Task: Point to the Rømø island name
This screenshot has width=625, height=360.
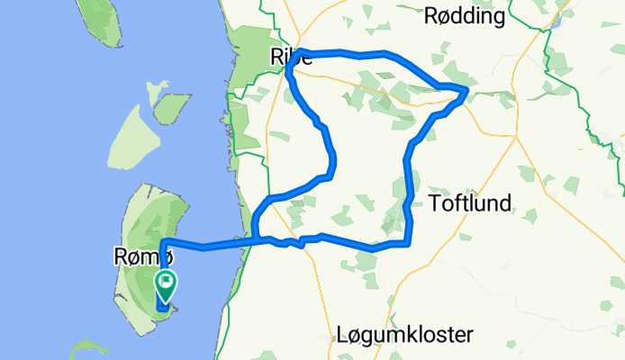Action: click(x=138, y=257)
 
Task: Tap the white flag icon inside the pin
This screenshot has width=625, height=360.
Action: click(x=168, y=282)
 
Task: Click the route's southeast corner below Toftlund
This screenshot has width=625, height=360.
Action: click(x=410, y=241)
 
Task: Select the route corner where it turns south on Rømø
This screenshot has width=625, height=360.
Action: click(x=163, y=241)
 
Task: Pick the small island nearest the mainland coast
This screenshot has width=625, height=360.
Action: click(x=170, y=110)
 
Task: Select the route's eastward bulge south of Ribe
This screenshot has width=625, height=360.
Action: click(x=334, y=162)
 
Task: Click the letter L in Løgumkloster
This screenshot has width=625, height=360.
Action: click(x=340, y=335)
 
